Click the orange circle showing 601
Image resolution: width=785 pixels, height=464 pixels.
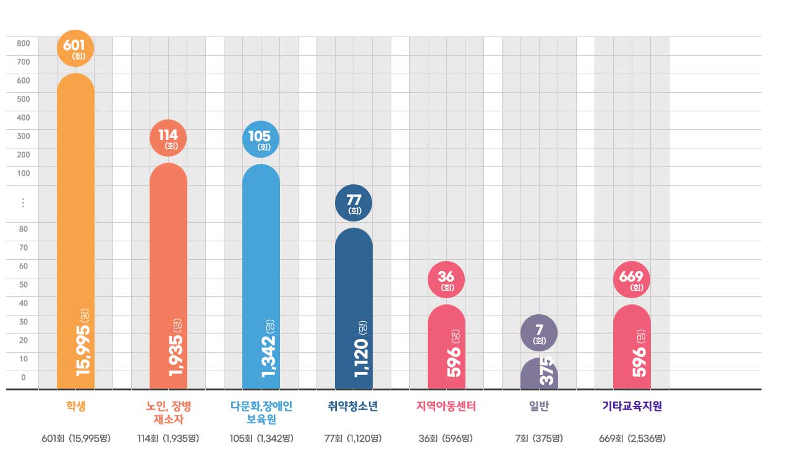click(x=75, y=48)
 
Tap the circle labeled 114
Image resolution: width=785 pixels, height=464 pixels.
click(x=168, y=138)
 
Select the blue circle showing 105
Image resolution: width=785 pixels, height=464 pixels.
click(x=261, y=139)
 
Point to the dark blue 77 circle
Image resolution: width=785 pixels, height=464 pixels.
click(x=354, y=203)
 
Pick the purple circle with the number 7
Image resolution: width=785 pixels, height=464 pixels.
click(x=539, y=333)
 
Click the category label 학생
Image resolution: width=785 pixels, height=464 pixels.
click(x=75, y=406)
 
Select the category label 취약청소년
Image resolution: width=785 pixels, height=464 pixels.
click(x=353, y=406)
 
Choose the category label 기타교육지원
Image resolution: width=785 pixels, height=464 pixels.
click(x=632, y=406)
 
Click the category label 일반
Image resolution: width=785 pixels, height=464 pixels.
click(x=539, y=406)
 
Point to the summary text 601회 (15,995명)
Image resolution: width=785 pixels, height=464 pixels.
click(x=75, y=439)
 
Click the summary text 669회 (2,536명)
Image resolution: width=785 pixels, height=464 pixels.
click(x=632, y=439)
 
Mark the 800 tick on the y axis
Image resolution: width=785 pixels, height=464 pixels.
click(x=23, y=43)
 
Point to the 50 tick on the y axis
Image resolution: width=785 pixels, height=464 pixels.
click(x=23, y=285)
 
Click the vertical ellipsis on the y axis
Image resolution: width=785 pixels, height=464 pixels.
click(x=23, y=203)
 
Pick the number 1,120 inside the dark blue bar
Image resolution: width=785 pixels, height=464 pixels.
click(x=361, y=357)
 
